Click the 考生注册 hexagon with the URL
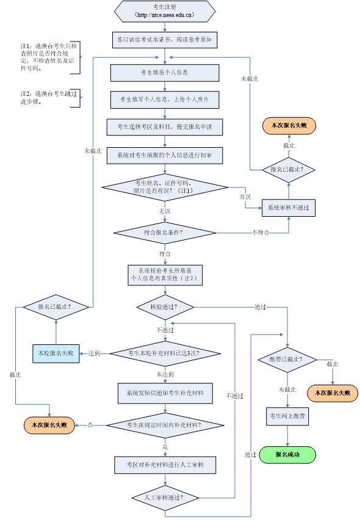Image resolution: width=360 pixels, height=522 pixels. click(165, 11)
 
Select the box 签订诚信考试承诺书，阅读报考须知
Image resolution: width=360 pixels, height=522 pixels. click(165, 40)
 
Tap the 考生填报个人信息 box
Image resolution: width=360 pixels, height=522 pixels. click(165, 73)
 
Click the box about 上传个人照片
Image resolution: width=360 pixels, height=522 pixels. click(165, 99)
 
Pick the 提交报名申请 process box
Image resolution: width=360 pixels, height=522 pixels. click(165, 126)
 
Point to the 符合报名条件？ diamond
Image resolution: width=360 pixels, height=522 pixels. click(165, 233)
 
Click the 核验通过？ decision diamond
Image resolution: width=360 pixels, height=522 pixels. click(165, 306)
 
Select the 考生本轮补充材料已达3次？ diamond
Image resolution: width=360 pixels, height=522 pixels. click(165, 353)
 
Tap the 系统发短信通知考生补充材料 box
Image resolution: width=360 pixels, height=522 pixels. click(165, 393)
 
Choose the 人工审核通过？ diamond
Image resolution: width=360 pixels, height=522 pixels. click(165, 498)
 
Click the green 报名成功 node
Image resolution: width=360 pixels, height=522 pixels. click(287, 455)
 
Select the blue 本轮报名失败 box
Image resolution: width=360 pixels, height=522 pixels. click(56, 353)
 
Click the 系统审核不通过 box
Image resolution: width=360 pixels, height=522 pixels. click(289, 208)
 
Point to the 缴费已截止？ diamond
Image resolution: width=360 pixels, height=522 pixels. click(287, 359)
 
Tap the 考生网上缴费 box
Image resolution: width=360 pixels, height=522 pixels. click(287, 416)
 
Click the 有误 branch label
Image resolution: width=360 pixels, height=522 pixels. click(245, 197)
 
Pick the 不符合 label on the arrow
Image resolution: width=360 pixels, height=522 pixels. click(260, 233)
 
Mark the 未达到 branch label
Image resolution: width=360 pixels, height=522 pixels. click(165, 374)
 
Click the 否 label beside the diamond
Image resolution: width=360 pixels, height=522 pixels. click(90, 425)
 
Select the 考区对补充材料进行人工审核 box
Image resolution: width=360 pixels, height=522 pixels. click(165, 465)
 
